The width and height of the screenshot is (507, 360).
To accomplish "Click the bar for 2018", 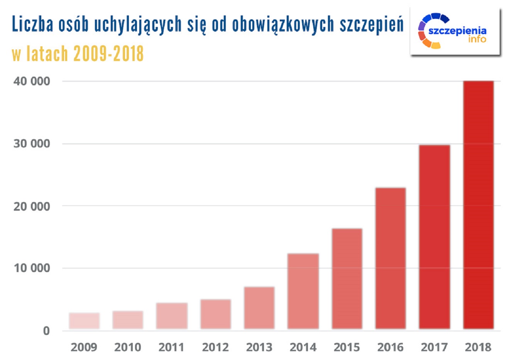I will pos(478,205).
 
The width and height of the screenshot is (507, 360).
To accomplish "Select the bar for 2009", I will pos(84,321).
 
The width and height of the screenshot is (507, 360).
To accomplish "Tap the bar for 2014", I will pos(303,291).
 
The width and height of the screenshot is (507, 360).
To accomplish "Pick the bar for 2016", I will pos(390,259).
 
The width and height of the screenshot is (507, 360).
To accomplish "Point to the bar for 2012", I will pos(216,314).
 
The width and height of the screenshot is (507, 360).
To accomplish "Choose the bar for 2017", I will pos(434,237).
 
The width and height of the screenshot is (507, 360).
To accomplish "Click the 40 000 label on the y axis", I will pos(32,81).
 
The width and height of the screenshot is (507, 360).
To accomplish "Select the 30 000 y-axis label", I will pos(32,144).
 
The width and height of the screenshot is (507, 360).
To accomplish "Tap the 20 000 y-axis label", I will pos(32,206).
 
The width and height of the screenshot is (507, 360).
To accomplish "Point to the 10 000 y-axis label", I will pos(32,268).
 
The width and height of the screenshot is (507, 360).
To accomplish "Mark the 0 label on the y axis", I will pos(46,331).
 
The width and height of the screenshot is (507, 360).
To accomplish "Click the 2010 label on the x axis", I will pos(128,347).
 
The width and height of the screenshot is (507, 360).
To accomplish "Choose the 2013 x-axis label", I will pos(259,347).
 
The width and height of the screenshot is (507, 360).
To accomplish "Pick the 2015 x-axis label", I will pos(347,347).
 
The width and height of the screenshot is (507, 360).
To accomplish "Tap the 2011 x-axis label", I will pos(172,347).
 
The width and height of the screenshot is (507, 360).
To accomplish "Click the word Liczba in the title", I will pos(32,24).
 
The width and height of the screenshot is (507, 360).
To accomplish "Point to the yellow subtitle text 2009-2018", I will pos(108,53).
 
